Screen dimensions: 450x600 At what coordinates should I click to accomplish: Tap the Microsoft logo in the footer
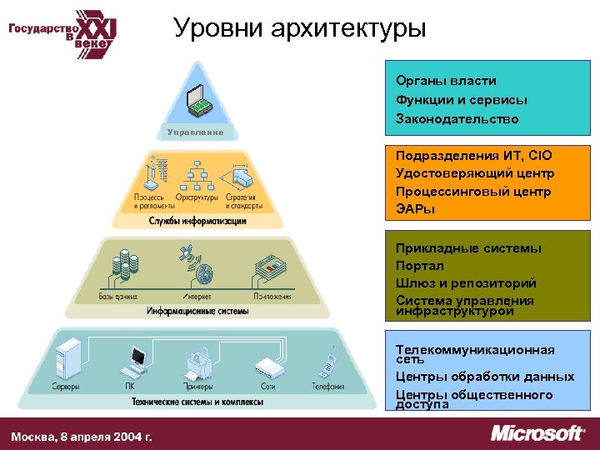(537, 433)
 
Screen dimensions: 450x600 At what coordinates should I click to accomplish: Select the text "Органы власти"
(446, 81)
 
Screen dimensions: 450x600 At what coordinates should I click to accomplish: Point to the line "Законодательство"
(457, 119)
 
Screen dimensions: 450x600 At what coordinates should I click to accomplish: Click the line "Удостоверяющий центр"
(475, 173)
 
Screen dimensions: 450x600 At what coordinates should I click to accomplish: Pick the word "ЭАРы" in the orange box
(415, 209)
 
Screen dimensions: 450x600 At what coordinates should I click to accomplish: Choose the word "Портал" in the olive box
(420, 265)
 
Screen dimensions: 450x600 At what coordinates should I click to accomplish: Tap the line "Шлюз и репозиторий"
(466, 282)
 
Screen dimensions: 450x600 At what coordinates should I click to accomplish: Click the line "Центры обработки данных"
(485, 377)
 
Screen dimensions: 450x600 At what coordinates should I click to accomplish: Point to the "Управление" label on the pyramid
(195, 132)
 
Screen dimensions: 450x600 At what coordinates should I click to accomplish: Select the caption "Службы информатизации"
(197, 221)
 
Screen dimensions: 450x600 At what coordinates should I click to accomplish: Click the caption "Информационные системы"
(197, 311)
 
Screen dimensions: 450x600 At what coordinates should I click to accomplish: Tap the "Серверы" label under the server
(66, 387)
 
